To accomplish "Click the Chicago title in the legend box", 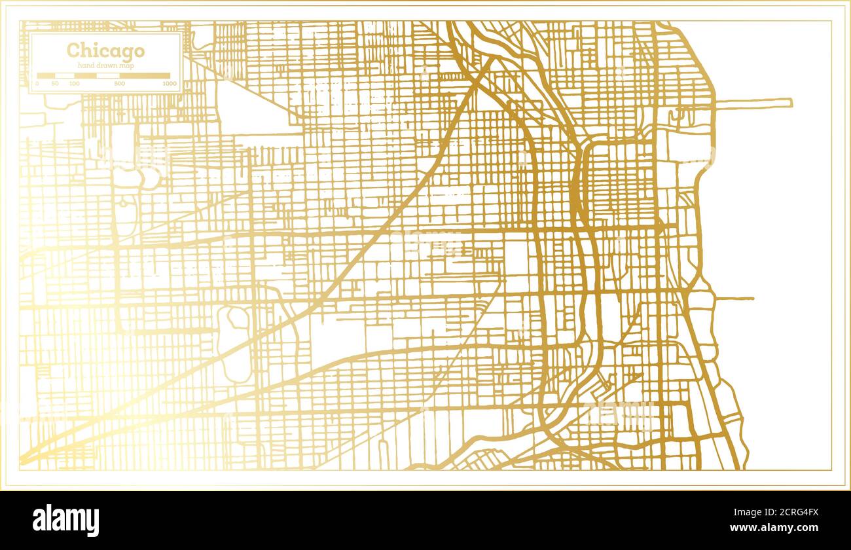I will point(105,50).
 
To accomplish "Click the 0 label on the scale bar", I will point(37,84).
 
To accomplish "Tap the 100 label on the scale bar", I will point(75,84).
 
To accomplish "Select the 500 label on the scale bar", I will point(119,84).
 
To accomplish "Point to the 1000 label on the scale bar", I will point(169,84).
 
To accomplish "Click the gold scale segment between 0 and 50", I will point(46,76).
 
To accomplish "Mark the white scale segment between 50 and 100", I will point(65,76).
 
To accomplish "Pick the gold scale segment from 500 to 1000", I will point(144,76).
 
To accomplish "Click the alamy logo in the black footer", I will point(65,521).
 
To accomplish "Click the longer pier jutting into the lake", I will point(753,103).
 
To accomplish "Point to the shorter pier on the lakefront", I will point(733,299).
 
